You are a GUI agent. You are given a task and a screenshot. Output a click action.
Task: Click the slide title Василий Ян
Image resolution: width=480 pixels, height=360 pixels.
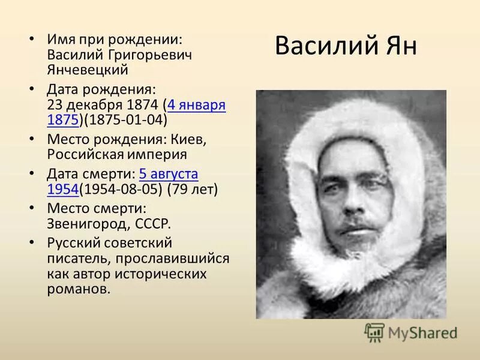[x=346, y=47]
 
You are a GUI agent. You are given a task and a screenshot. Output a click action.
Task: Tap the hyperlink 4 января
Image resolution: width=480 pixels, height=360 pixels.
[x=197, y=105]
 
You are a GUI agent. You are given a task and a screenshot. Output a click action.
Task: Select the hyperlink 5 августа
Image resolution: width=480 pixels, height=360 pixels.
[x=169, y=175]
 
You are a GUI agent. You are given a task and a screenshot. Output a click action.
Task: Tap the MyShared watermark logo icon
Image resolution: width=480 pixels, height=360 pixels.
[x=374, y=332]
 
